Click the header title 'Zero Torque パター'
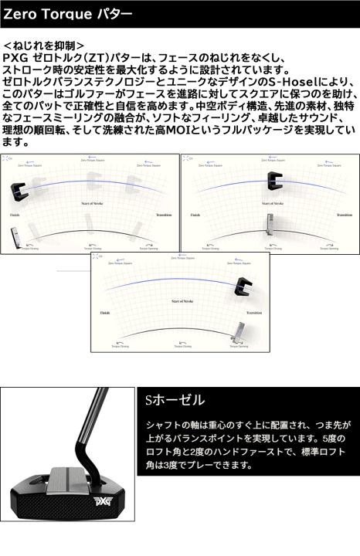68,14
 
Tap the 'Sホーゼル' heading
175,400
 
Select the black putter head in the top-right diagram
273,180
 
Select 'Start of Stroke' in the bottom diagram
182,300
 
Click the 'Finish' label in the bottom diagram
105,313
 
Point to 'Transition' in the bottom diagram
254,313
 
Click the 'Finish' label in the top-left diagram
14,215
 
